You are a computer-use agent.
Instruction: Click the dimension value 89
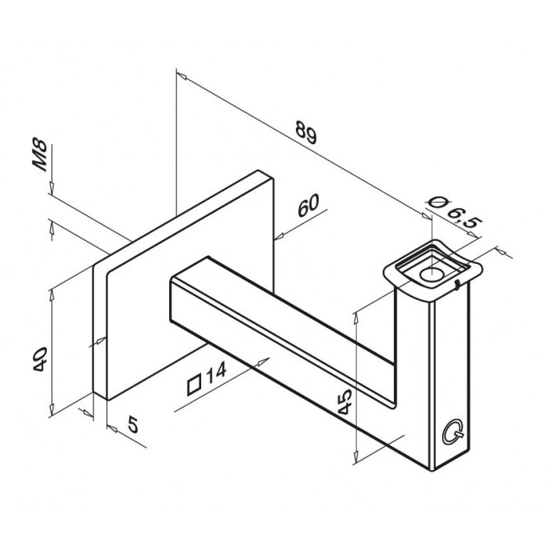[x=306, y=135]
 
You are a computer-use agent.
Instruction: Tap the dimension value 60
[x=308, y=209]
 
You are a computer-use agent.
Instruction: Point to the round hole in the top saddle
[x=429, y=274]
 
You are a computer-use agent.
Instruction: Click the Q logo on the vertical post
[x=452, y=430]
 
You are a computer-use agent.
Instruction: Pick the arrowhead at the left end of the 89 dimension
[x=181, y=77]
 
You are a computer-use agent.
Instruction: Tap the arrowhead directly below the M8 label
[x=51, y=192]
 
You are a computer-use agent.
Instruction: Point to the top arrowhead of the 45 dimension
[x=357, y=312]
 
